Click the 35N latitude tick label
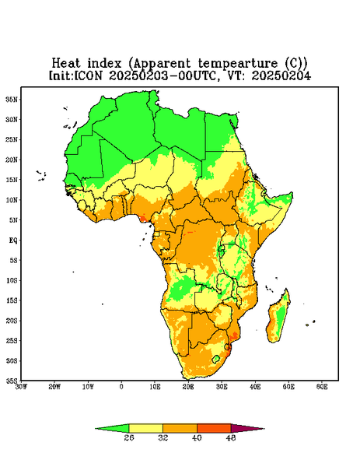click(x=12, y=99)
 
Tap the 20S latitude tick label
click(x=12, y=321)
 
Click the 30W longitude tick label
click(x=21, y=387)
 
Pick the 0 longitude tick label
click(x=121, y=387)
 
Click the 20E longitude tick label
click(x=188, y=387)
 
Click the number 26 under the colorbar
click(x=129, y=437)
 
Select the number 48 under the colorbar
click(x=231, y=437)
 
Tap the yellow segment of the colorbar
click(x=145, y=428)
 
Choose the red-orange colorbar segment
click(x=214, y=428)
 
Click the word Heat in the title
click(x=66, y=63)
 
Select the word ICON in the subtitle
click(x=88, y=75)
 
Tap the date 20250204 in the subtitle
click(x=281, y=75)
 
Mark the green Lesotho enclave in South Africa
click(x=216, y=359)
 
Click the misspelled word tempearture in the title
click(x=238, y=64)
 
